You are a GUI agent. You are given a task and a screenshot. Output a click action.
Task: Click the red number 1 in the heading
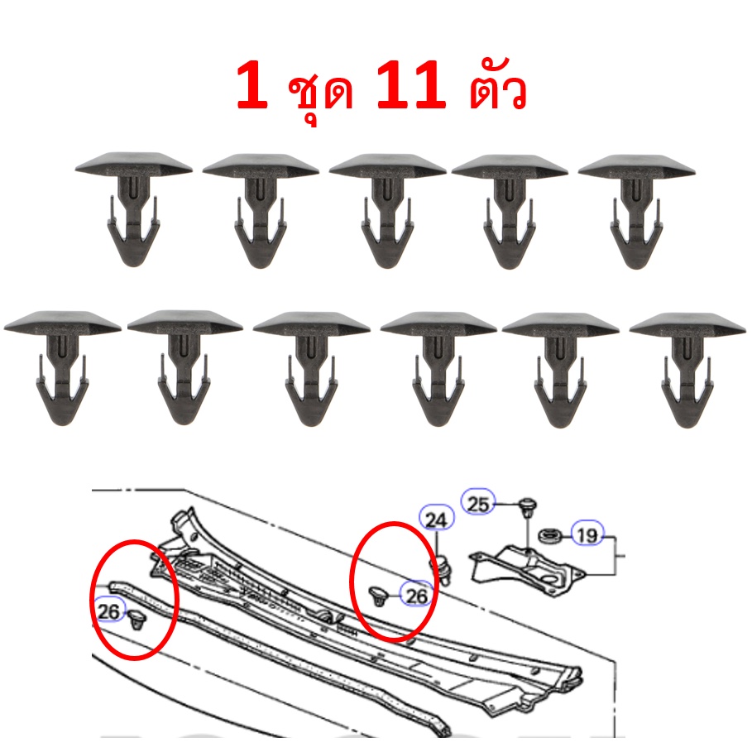click(x=252, y=85)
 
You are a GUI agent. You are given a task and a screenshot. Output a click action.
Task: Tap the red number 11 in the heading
click(x=411, y=85)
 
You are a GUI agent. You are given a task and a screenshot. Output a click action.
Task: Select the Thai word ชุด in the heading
click(x=320, y=93)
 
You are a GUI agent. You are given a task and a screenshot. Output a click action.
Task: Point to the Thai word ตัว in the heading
click(x=497, y=88)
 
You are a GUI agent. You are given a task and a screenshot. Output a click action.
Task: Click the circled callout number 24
click(x=436, y=520)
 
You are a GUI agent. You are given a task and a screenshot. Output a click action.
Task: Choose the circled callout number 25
click(x=477, y=504)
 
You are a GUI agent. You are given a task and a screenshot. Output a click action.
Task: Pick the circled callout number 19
click(x=587, y=534)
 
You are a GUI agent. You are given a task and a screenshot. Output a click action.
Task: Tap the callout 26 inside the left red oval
click(x=109, y=611)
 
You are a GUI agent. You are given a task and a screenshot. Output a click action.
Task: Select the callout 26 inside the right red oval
click(x=416, y=595)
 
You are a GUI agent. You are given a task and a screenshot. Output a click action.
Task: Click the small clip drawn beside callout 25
click(x=528, y=509)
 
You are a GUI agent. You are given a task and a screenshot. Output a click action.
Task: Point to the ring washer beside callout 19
click(x=549, y=534)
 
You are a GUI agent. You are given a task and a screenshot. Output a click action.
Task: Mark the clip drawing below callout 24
click(x=443, y=569)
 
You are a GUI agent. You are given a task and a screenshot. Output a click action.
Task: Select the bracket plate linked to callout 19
click(x=528, y=569)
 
